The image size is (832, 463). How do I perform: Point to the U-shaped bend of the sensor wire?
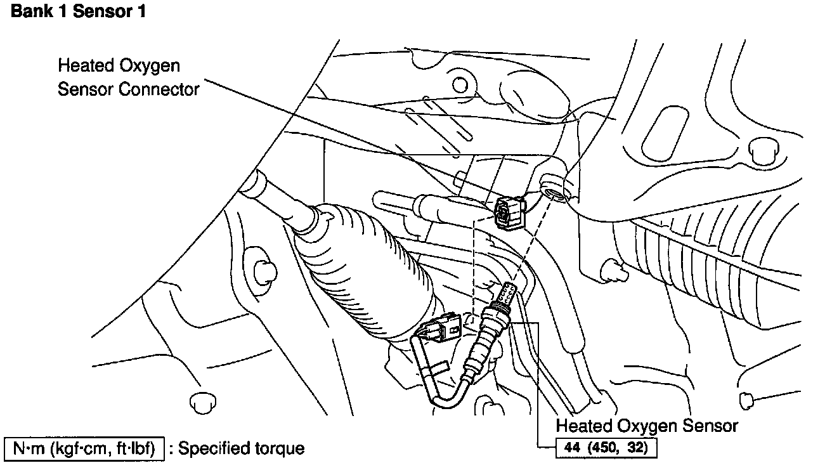pyautogui.click(x=438, y=393)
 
